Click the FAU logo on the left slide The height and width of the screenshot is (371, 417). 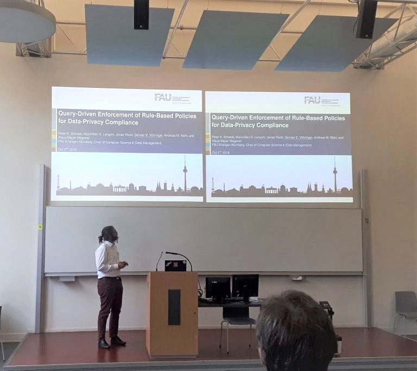coord(163,97)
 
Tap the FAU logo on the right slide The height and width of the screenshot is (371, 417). coord(312,100)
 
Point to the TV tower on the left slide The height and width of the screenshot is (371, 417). coord(185,174)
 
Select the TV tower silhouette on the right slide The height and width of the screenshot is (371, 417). coord(335,175)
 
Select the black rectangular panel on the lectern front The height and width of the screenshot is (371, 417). coord(174,307)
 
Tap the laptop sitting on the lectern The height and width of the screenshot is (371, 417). coord(175,265)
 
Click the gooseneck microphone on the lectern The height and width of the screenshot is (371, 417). coord(179,255)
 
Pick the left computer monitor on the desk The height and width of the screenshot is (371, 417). coord(218,288)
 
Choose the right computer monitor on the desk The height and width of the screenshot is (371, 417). coord(245,286)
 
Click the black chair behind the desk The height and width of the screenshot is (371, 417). coord(237,317)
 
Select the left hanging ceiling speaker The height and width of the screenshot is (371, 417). coord(141,14)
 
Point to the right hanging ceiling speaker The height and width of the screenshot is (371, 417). coord(367,18)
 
